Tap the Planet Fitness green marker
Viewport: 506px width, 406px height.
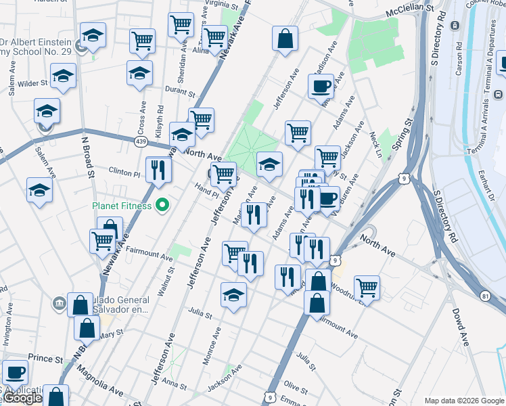pyautogui.click(x=162, y=204)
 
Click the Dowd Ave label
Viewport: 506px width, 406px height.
pyautogui.click(x=460, y=328)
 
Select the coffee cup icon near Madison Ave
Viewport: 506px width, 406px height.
pyautogui.click(x=321, y=86)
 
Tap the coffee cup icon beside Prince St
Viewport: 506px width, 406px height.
pyautogui.click(x=15, y=371)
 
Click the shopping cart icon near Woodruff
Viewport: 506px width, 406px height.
pyautogui.click(x=367, y=287)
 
